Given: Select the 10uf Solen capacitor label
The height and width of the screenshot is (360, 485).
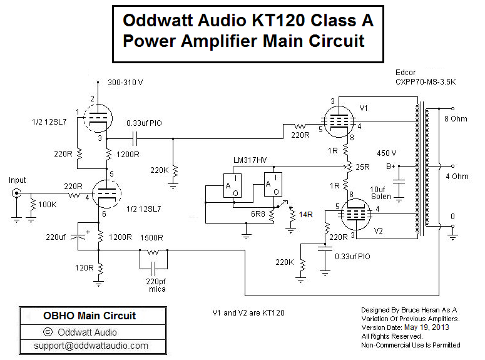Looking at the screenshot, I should tap(382, 192).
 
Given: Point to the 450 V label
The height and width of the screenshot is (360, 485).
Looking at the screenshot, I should tap(386, 152).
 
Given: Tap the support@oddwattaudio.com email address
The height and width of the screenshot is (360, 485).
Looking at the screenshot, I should tap(91, 345).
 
